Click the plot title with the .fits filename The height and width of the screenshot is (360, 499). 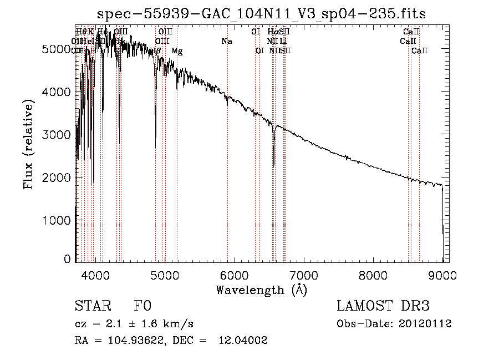coord(261,14)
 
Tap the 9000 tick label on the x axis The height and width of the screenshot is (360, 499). coord(442,275)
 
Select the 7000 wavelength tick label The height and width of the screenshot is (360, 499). coord(303,275)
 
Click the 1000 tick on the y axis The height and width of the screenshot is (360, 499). coord(75,220)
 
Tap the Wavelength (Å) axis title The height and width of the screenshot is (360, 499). coord(261,290)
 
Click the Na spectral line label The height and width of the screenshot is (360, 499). coord(226,41)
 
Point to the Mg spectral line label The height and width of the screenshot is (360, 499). coord(177,51)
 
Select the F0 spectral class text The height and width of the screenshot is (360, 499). coord(142,306)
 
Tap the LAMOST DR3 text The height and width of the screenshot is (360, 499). coord(383,306)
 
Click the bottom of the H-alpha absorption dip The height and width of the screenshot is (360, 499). coord(274,165)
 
